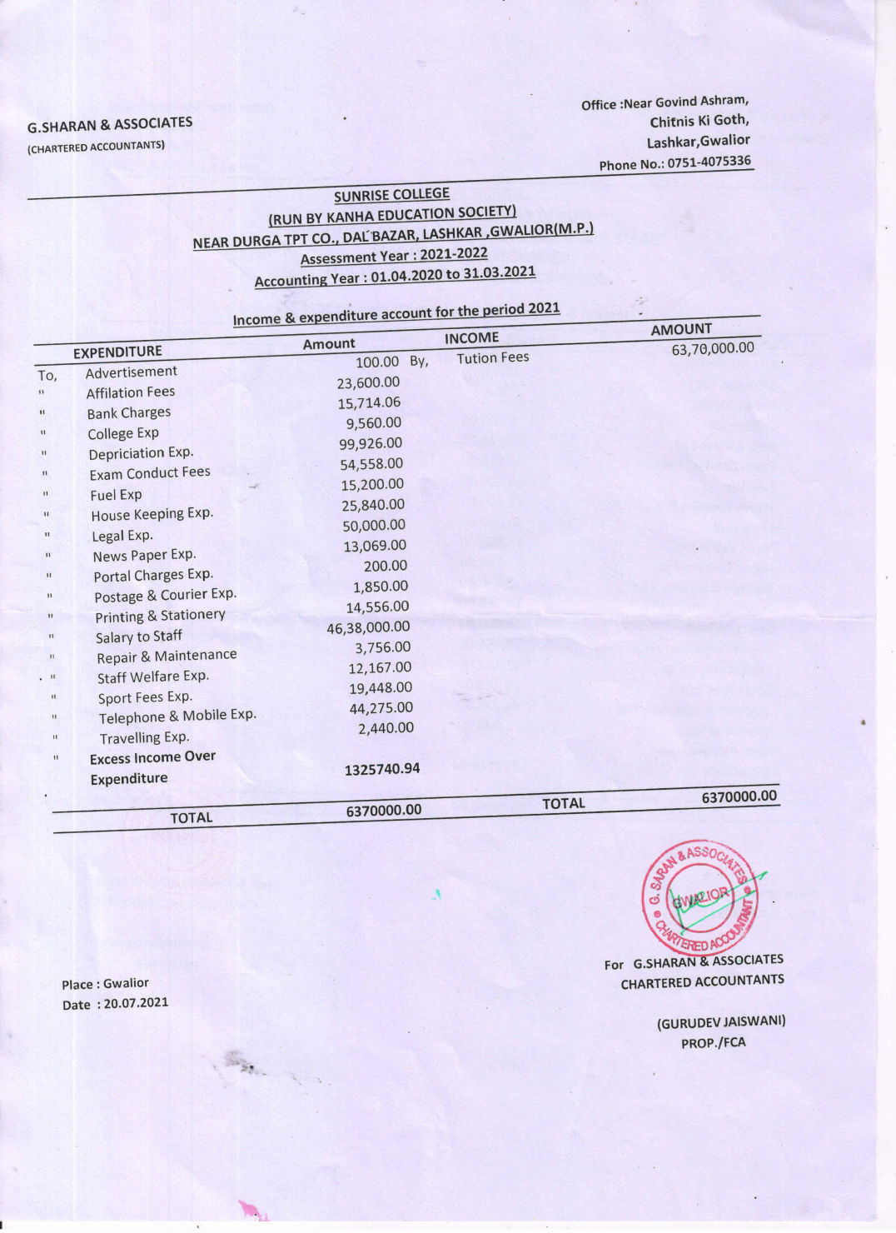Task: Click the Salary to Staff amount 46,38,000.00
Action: [x=368, y=627]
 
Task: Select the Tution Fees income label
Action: [x=492, y=358]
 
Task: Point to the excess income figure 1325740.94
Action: [x=382, y=769]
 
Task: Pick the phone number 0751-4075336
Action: [x=709, y=162]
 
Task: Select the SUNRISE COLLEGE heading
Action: [x=391, y=195]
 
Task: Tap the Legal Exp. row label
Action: [x=122, y=536]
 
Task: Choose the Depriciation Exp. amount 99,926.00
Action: [x=371, y=443]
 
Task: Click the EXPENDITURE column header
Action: [x=117, y=352]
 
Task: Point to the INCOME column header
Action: [x=471, y=337]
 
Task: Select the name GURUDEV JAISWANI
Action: [x=721, y=1021]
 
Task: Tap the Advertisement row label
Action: [x=131, y=372]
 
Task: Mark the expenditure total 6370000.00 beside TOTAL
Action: [x=384, y=811]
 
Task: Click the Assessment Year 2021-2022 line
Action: [x=393, y=256]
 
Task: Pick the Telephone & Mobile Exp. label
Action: [x=177, y=716]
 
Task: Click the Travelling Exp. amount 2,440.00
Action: [x=386, y=728]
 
